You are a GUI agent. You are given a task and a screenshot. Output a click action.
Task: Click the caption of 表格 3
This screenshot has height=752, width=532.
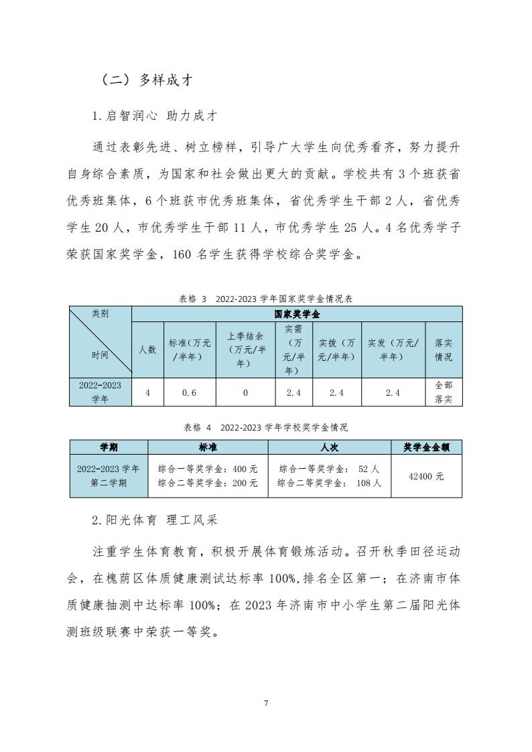265,299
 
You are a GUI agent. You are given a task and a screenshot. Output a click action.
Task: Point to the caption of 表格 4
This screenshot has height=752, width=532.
265,427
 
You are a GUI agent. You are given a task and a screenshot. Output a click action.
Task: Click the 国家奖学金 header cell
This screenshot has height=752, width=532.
296,314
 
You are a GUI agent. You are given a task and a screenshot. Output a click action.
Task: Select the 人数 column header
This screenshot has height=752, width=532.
147,349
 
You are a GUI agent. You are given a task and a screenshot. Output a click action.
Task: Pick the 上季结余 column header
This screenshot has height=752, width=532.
245,349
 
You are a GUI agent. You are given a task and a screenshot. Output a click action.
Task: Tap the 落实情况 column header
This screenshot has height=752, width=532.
444,349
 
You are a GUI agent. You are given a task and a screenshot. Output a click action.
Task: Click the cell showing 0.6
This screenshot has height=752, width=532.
190,392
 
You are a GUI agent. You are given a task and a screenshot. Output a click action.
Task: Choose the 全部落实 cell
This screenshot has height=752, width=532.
444,392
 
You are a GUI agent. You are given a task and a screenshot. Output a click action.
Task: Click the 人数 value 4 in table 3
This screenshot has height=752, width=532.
147,392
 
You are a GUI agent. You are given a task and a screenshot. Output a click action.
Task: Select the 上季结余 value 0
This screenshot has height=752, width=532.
245,392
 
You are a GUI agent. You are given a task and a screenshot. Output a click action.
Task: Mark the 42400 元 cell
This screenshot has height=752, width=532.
426,476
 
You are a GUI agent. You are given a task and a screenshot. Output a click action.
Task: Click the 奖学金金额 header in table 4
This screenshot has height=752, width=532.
426,447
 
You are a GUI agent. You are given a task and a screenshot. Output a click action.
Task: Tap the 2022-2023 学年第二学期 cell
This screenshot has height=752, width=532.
109,476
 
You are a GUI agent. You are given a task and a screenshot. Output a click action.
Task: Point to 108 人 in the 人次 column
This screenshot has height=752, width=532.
369,483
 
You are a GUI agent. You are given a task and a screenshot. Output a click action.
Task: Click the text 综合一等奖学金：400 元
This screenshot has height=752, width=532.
207,469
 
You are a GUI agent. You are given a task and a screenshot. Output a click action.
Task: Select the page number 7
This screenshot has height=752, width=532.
266,703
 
